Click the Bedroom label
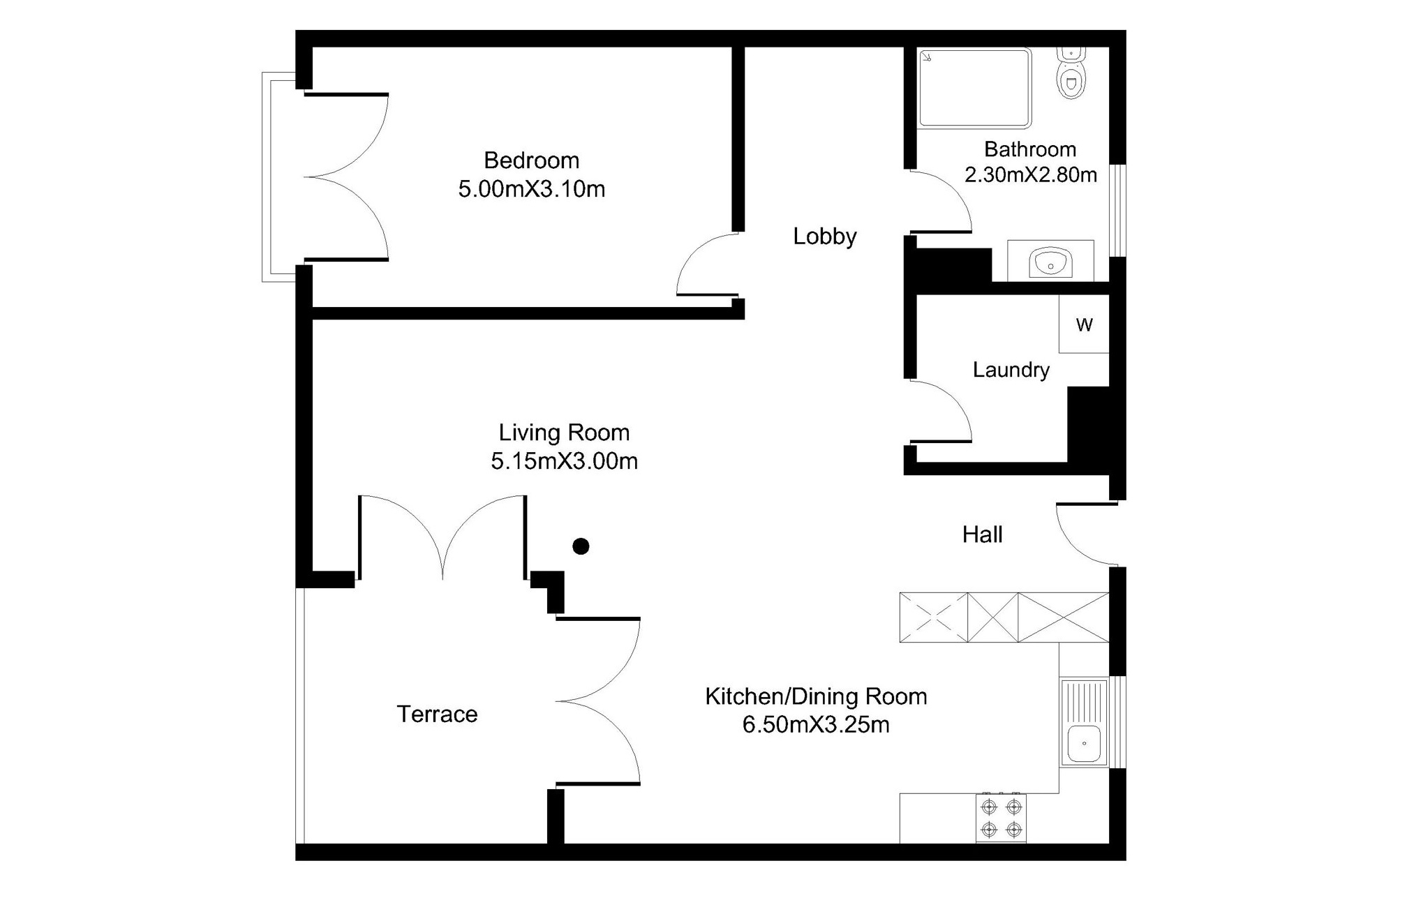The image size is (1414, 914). click(531, 160)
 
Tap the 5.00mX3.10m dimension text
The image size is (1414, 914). click(531, 189)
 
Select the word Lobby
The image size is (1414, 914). click(824, 237)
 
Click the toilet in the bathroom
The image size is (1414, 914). click(1071, 73)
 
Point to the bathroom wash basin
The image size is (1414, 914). click(1050, 262)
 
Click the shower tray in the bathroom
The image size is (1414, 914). click(974, 88)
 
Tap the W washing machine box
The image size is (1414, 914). click(1084, 324)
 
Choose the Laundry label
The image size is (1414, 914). click(1011, 370)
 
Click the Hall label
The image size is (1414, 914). click(982, 535)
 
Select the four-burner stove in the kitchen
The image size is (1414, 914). click(1001, 818)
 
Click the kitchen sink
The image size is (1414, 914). click(1084, 722)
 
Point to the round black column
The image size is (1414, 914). click(581, 546)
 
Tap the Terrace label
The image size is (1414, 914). click(437, 714)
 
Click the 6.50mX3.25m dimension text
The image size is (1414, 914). click(816, 725)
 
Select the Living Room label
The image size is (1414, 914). click(564, 433)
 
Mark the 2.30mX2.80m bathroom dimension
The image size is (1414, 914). click(1030, 174)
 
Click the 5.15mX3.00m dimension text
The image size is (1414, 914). click(564, 461)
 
